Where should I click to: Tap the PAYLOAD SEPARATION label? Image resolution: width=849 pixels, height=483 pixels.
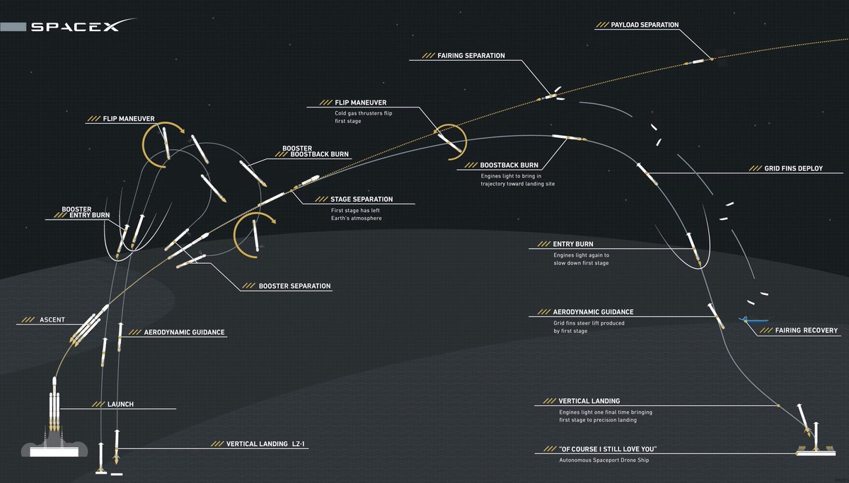click(645, 25)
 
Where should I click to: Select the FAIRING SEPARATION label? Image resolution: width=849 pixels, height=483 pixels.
click(471, 56)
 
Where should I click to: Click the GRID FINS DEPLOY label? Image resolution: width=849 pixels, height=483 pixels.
click(793, 168)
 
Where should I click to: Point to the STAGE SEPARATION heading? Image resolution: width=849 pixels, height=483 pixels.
click(362, 199)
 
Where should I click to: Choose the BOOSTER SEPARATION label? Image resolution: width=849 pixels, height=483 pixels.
click(294, 286)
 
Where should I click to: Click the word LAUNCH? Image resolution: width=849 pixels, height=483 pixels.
click(120, 405)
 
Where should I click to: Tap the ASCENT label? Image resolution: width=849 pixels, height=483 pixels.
click(52, 320)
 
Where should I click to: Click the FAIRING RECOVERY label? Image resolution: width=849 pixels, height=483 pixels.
click(806, 330)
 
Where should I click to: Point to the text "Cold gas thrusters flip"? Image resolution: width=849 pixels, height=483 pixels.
click(363, 113)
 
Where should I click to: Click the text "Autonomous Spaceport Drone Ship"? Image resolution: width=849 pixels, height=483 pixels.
click(603, 460)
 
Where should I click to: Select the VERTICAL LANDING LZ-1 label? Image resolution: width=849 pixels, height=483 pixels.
click(265, 444)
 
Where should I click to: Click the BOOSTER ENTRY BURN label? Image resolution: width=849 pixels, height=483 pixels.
click(86, 212)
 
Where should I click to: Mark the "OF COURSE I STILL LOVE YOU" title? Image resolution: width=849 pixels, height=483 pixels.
click(608, 449)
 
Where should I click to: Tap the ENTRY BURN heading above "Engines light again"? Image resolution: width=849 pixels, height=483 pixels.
click(572, 245)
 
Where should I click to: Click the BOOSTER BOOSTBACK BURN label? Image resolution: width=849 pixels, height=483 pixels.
click(316, 151)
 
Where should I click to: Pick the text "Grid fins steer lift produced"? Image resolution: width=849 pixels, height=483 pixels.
click(589, 323)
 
